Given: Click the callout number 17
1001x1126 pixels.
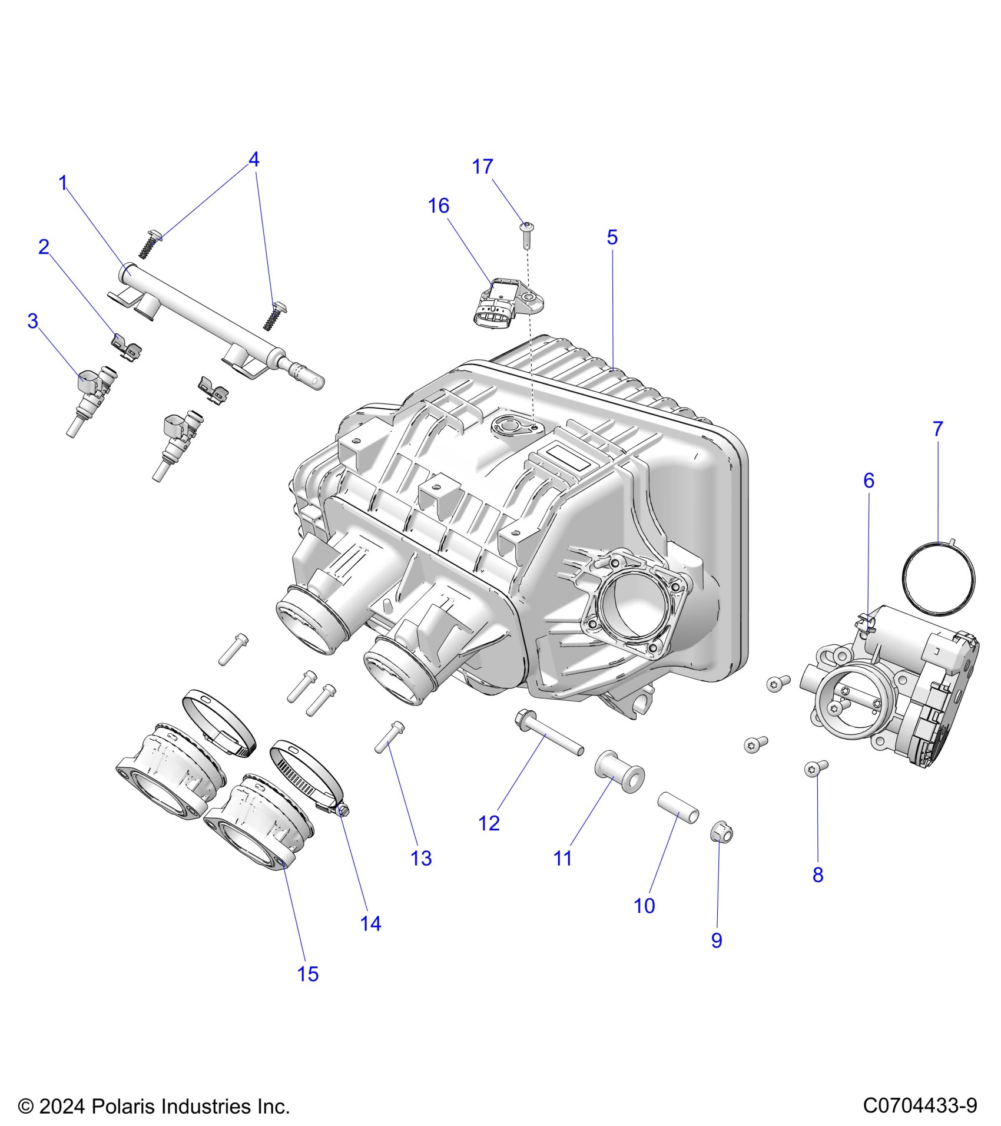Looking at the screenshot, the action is click(x=482, y=167).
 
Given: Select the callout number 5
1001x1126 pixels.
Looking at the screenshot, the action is click(x=612, y=237).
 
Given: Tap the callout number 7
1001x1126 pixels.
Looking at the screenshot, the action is click(x=938, y=429).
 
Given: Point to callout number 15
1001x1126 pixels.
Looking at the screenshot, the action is click(x=308, y=974).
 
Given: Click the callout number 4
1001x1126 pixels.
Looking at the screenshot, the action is click(x=254, y=160).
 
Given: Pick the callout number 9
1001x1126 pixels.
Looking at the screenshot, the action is click(x=717, y=940).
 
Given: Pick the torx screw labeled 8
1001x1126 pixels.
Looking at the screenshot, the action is click(x=816, y=768).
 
